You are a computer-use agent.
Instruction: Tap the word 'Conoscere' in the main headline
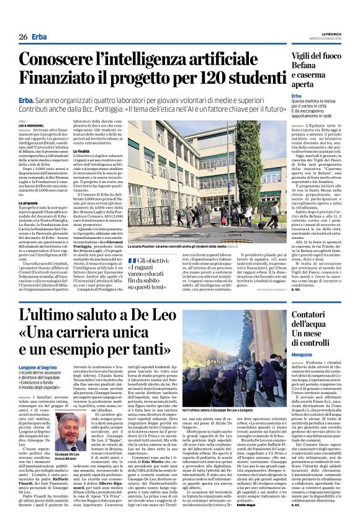pos(68,60)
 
